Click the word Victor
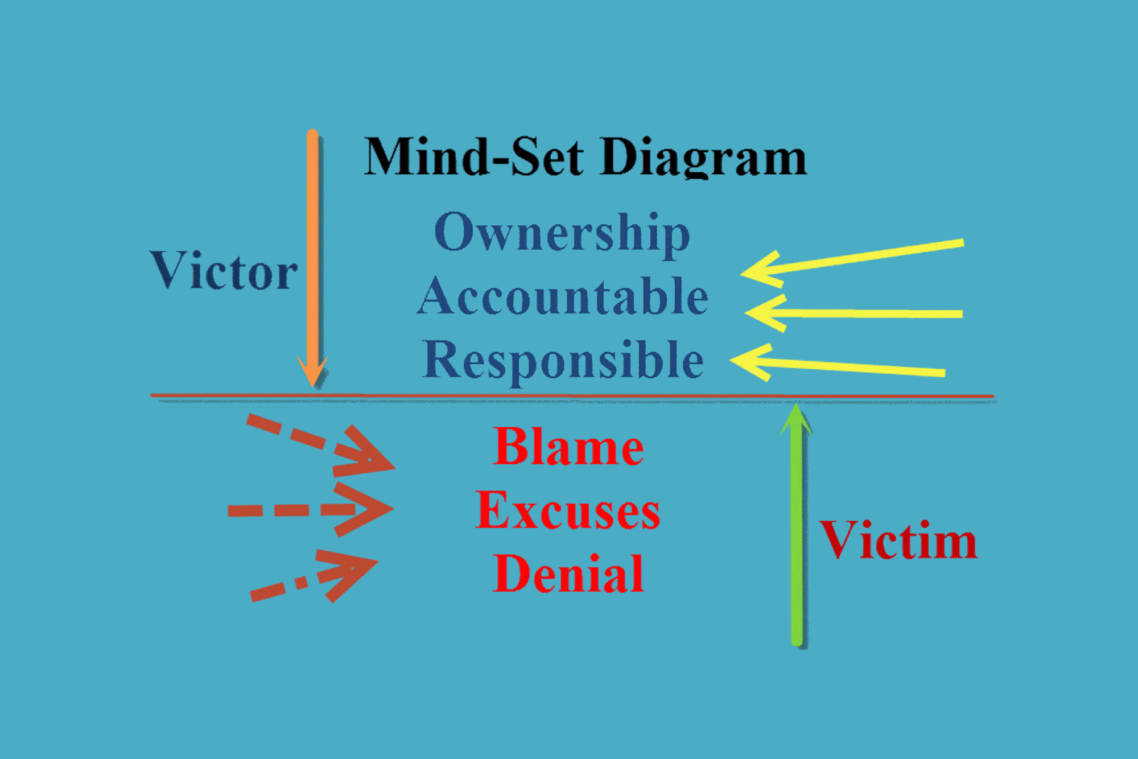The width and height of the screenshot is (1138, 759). pos(223,271)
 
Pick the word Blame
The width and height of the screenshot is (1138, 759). pos(568,447)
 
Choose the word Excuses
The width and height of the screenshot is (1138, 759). pos(568,510)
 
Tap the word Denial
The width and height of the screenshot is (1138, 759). pos(568,574)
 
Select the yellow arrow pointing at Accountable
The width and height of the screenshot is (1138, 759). pos(853,313)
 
